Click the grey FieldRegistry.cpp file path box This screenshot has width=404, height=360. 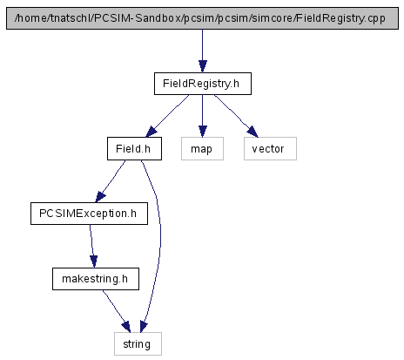202,18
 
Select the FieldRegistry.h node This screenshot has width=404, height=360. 203,84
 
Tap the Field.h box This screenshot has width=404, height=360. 134,149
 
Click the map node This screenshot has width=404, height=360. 202,149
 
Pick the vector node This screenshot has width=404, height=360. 270,149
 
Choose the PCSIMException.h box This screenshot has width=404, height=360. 89,214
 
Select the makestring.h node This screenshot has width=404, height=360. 96,279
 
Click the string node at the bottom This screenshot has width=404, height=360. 138,344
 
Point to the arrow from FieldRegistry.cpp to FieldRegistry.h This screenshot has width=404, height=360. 203,51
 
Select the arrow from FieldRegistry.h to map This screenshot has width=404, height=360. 203,116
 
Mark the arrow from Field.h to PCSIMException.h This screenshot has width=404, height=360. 111,180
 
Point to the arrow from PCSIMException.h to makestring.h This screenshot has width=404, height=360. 91,246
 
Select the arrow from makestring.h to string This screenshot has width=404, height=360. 116,310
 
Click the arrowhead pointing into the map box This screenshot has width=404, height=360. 203,132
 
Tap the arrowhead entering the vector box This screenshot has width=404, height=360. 252,132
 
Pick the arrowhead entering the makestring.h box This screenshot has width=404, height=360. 94,262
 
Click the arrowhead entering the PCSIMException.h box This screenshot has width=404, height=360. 100,197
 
